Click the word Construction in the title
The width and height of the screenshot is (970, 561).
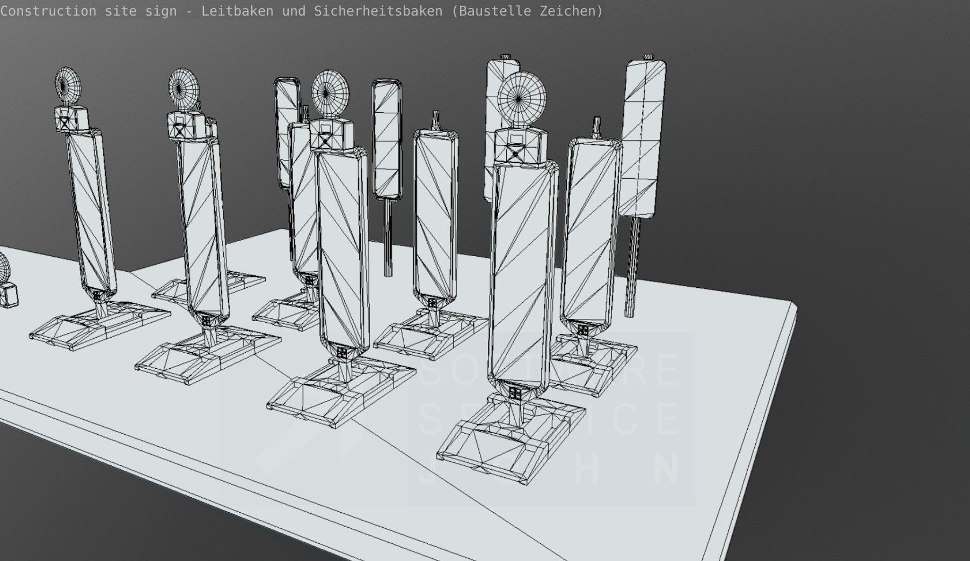click(x=48, y=11)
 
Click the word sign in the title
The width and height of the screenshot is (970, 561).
click(x=162, y=11)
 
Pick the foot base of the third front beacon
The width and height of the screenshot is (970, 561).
click(x=341, y=392)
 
